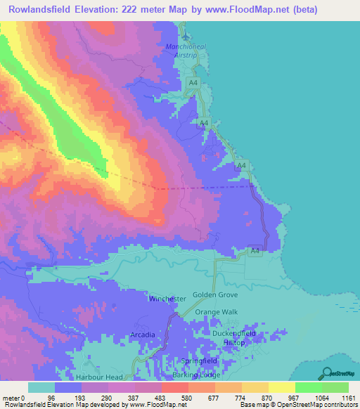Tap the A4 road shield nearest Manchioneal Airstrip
(193, 84)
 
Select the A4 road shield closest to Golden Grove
(255, 250)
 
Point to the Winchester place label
(167, 299)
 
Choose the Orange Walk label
(217, 311)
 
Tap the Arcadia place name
(142, 335)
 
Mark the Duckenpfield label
(234, 333)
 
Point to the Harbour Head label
(103, 377)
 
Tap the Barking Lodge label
(198, 376)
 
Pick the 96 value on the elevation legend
(51, 396)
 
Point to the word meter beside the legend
(10, 396)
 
